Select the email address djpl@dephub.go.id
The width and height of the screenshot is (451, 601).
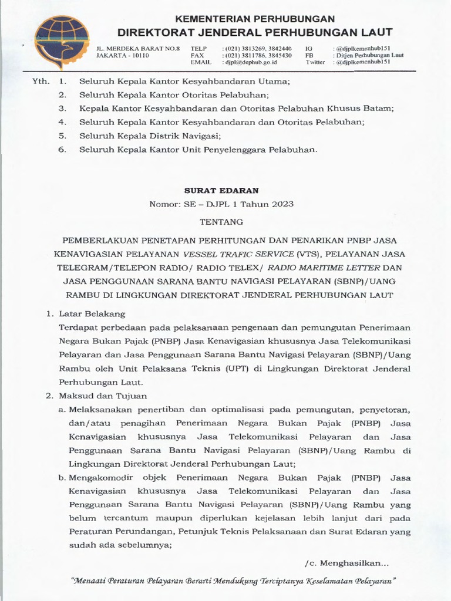click(x=249, y=62)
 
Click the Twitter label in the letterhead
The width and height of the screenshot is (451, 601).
click(x=315, y=62)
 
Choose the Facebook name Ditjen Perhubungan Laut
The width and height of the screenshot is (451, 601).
click(x=368, y=55)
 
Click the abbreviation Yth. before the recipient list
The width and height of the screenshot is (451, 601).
click(x=39, y=82)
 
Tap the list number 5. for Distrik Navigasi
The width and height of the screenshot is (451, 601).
click(x=63, y=136)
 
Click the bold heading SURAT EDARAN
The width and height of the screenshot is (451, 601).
click(x=225, y=190)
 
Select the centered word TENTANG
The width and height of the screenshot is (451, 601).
click(x=225, y=222)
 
